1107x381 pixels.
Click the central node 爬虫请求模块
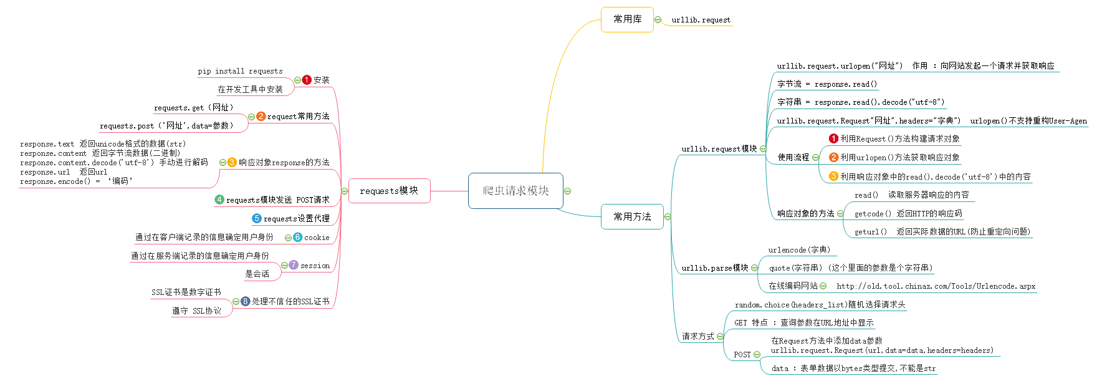[515, 191]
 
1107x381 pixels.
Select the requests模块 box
[389, 191]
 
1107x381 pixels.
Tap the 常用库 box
[627, 20]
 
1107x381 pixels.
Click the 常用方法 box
[632, 217]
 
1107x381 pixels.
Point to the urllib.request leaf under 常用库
[701, 20]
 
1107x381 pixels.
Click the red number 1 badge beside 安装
[307, 80]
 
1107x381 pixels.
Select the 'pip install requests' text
[240, 71]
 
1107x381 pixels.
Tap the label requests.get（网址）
[194, 108]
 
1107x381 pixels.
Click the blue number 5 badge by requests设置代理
[256, 218]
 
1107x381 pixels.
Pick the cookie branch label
[317, 238]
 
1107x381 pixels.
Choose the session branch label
[315, 266]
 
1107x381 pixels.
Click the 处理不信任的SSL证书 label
[290, 302]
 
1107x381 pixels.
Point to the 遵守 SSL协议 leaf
[196, 311]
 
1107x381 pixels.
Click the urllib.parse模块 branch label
[714, 268]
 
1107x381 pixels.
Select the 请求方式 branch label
[697, 337]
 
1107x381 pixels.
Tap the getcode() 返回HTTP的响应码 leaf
[908, 214]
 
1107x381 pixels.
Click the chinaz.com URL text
[936, 286]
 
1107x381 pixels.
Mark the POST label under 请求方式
[742, 355]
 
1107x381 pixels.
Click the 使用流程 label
[793, 158]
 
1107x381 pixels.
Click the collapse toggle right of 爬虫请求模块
[567, 191]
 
